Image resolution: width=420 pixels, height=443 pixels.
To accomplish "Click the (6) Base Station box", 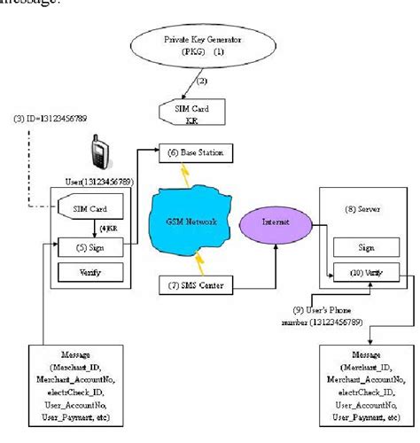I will point(196,153).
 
